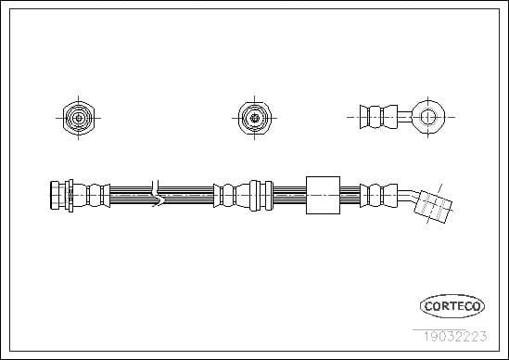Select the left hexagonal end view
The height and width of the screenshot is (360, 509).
79,117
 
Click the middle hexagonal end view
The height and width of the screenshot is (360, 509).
251,117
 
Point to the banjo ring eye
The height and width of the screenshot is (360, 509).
427,117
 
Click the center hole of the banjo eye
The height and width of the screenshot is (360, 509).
427,117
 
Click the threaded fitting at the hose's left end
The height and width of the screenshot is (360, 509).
59,194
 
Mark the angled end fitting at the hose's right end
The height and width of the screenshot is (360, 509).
432,206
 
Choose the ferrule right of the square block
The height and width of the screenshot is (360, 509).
375,194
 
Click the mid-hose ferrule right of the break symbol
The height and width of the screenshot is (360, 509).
236,194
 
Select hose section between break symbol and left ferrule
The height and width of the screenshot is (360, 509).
132,194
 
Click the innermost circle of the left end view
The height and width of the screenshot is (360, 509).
79,117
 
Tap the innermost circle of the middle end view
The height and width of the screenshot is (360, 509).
251,117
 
